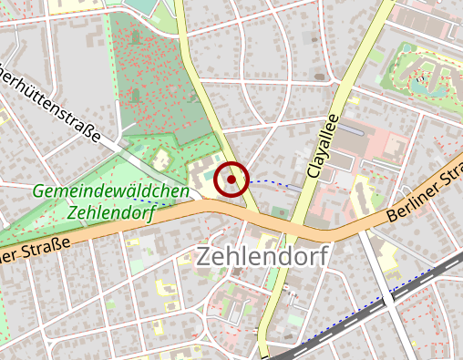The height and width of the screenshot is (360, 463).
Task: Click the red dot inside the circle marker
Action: [x=231, y=180]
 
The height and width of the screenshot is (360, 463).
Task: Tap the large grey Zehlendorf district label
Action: [x=260, y=256]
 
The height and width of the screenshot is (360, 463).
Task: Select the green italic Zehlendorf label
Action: [x=110, y=212]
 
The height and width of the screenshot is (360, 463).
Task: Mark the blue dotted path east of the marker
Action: [x=273, y=183]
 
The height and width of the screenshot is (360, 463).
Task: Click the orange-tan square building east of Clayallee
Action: [x=394, y=147]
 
